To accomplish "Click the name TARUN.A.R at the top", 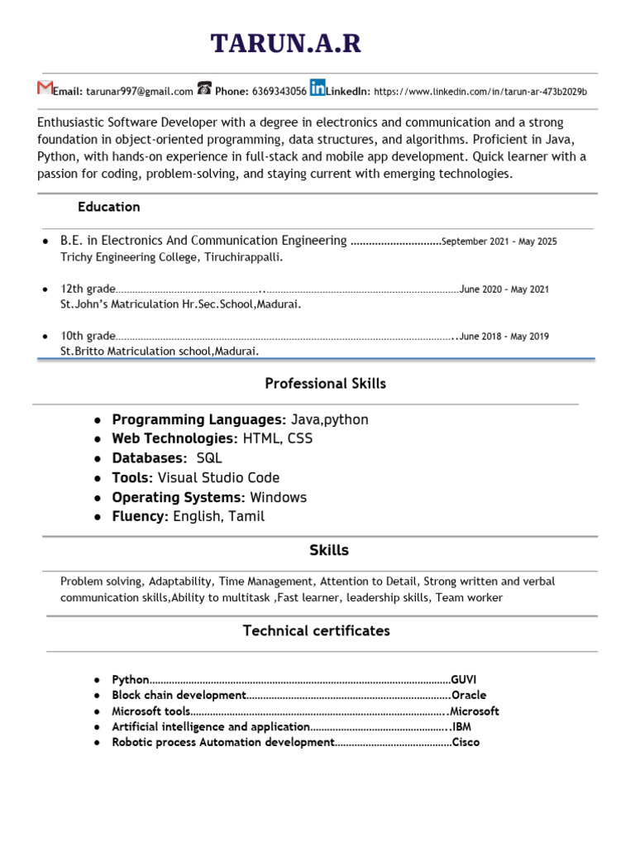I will [x=286, y=43].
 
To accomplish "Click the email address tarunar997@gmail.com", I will [x=140, y=92].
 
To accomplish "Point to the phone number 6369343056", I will [x=279, y=92].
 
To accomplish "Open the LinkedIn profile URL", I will [x=480, y=92].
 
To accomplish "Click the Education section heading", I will [x=108, y=207].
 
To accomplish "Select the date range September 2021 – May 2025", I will [x=499, y=242].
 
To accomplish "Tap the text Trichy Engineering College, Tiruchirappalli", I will [x=172, y=257].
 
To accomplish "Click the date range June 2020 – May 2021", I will [x=504, y=290].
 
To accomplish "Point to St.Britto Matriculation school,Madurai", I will [x=160, y=352].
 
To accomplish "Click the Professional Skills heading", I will [x=325, y=384].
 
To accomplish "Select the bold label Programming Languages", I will [x=198, y=419].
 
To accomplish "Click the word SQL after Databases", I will [x=209, y=458].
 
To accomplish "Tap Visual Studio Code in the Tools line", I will [x=218, y=478].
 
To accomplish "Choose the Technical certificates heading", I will [x=316, y=631].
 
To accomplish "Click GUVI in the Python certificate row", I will [x=464, y=679].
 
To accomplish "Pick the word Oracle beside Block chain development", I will [x=469, y=695].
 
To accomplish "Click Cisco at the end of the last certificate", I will [x=466, y=742].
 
